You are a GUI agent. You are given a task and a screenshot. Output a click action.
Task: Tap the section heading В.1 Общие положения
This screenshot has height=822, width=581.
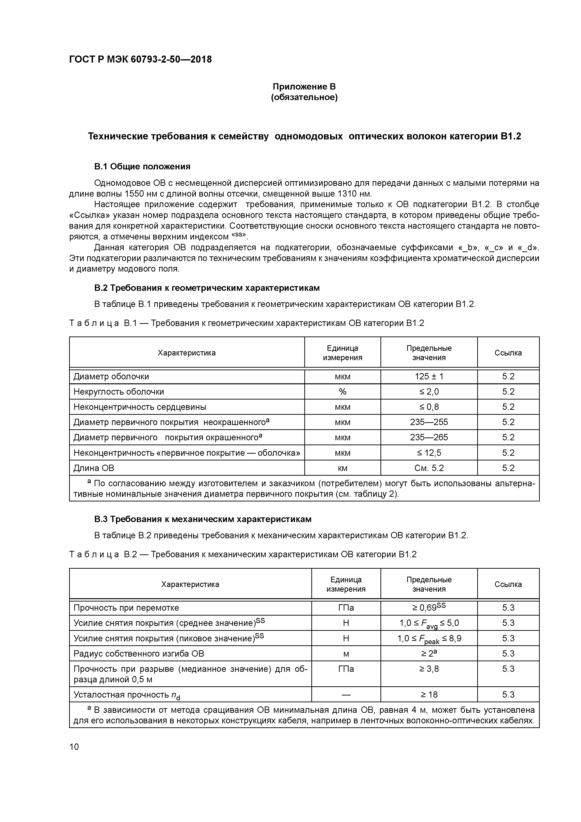[x=142, y=166]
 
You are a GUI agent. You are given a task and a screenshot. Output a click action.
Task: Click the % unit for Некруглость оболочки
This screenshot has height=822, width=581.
[x=342, y=392]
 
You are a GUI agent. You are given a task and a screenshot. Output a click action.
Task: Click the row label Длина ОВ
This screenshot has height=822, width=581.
[x=94, y=468]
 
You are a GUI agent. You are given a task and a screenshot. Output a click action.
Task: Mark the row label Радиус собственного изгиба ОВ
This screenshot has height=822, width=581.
[x=138, y=654]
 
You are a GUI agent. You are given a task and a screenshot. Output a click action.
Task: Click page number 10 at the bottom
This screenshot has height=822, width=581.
[x=74, y=747]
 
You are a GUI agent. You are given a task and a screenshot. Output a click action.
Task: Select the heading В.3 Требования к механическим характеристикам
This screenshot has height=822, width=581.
[x=203, y=519]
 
